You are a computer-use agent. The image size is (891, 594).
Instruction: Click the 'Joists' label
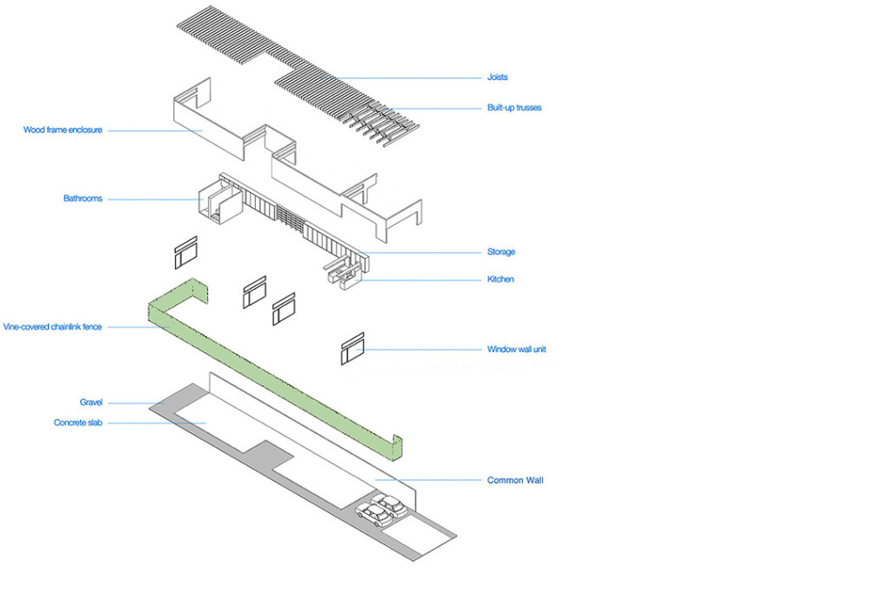[x=497, y=77]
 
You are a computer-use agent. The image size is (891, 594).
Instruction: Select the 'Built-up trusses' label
[x=514, y=108]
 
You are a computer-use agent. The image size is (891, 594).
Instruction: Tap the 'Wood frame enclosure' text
[x=63, y=130]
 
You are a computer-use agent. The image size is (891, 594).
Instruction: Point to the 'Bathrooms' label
[x=83, y=198]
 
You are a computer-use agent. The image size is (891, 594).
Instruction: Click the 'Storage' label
[x=500, y=252]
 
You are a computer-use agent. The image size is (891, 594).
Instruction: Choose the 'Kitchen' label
[x=500, y=279]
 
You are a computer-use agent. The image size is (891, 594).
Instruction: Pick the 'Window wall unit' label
[x=516, y=350]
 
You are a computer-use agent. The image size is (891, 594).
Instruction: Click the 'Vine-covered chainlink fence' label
[x=52, y=327]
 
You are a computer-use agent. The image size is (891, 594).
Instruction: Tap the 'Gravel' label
[x=91, y=403]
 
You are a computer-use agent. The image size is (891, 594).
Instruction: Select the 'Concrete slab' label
[x=78, y=424]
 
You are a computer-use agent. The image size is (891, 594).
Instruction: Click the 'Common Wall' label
[x=515, y=480]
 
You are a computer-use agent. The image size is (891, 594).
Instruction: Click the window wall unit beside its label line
[x=352, y=348]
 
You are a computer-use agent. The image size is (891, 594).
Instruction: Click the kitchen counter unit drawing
[x=344, y=275]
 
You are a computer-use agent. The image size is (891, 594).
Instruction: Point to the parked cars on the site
[x=381, y=511]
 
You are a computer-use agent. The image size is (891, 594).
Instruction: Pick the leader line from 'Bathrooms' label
[x=152, y=199]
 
